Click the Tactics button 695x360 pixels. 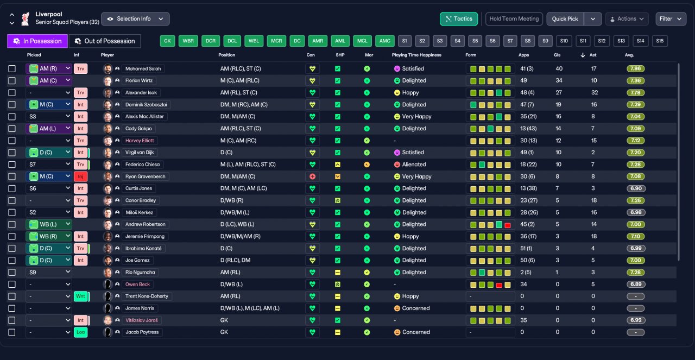coord(459,19)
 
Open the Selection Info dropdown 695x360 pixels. coord(135,19)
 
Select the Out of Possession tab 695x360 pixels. coord(105,41)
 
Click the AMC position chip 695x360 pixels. coord(385,41)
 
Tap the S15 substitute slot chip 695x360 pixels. coord(660,41)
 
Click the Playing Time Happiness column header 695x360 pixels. coord(416,55)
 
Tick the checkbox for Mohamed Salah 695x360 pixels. coord(12,68)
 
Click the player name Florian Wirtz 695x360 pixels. coord(139,81)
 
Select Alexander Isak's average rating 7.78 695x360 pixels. coord(635,92)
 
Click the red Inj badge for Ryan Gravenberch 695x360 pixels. coord(80,176)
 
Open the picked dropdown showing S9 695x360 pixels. coord(49,272)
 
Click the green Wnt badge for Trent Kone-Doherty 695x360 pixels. coord(80,296)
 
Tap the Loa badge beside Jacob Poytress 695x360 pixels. coord(80,332)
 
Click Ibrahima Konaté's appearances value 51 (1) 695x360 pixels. coord(526,248)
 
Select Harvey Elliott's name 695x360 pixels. coord(140,141)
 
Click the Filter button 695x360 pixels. coord(671,19)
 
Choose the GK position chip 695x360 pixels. coord(168,41)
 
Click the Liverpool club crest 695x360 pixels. coord(26,19)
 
